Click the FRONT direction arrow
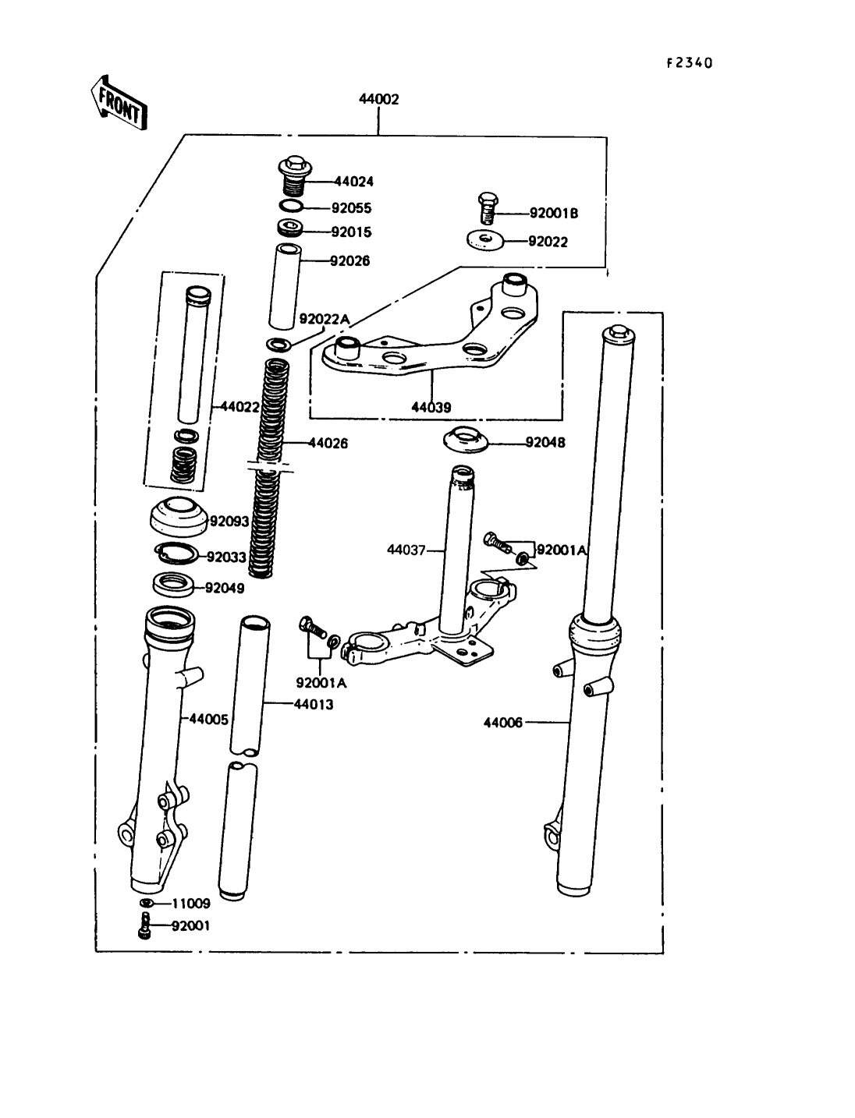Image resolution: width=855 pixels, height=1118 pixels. (119, 104)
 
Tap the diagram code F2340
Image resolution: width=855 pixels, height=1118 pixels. (690, 62)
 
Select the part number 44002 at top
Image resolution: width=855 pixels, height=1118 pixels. (378, 99)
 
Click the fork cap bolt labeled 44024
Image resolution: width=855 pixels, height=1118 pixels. (295, 175)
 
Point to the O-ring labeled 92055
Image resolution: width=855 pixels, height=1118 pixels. (292, 207)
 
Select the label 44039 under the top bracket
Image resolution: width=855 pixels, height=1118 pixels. (431, 407)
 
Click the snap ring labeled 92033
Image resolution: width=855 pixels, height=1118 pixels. (176, 554)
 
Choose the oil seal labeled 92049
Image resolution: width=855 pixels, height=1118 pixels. (174, 584)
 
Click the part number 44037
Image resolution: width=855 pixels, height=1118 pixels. (406, 550)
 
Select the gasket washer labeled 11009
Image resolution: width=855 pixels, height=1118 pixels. (147, 903)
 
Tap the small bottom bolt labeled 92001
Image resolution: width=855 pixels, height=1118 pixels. (144, 925)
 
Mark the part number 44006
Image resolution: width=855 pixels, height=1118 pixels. (503, 723)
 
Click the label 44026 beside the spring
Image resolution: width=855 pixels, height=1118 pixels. (328, 444)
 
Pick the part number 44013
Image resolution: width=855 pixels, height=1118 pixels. (314, 705)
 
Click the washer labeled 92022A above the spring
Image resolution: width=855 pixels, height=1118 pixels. (278, 345)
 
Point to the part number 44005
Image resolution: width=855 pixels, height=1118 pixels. (209, 719)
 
